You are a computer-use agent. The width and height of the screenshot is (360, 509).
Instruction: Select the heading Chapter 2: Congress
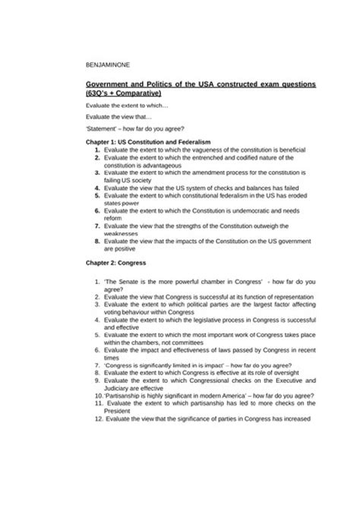pyautogui.click(x=118, y=263)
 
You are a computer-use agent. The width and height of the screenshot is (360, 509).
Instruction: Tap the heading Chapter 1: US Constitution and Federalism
pyautogui.click(x=148, y=142)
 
